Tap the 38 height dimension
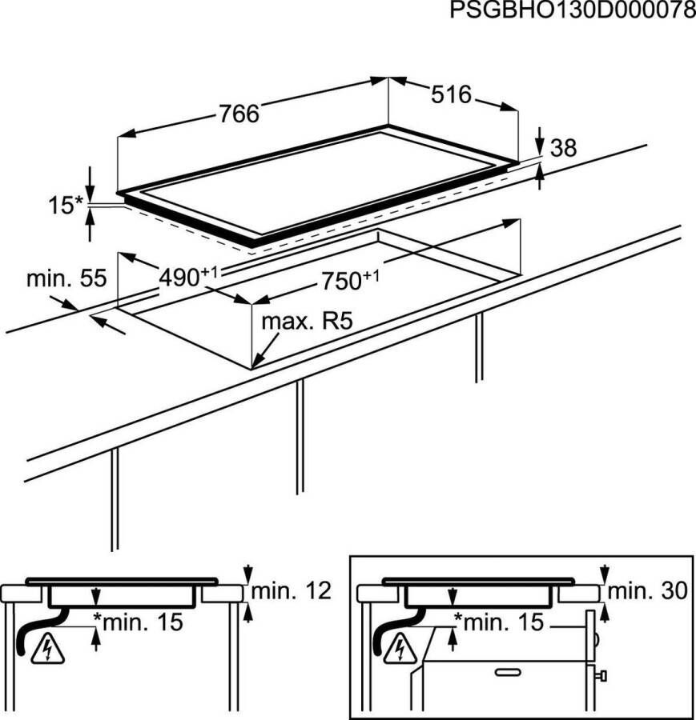(564, 148)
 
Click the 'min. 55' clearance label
(66, 279)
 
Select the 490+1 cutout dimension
(188, 277)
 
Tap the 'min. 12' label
(291, 592)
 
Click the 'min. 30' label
(647, 592)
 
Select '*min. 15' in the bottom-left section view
(139, 621)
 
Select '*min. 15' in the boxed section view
(497, 621)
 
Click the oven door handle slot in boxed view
(508, 674)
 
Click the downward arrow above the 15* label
(90, 178)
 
